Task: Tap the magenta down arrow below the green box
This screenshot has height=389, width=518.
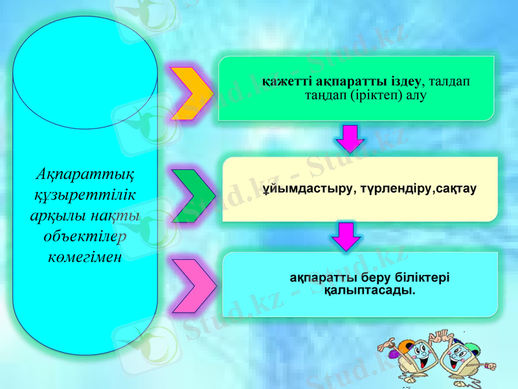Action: pyautogui.click(x=350, y=137)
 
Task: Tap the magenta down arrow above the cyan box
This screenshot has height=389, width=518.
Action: pyautogui.click(x=347, y=236)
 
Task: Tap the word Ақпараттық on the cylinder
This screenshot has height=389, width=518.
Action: pyautogui.click(x=85, y=174)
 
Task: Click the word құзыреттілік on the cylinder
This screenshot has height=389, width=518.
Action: pyautogui.click(x=85, y=194)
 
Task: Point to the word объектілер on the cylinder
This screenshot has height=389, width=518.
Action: pyautogui.click(x=85, y=236)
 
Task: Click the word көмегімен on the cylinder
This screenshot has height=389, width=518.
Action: pyautogui.click(x=85, y=257)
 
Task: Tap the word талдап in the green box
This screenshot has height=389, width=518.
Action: pyautogui.click(x=449, y=82)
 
